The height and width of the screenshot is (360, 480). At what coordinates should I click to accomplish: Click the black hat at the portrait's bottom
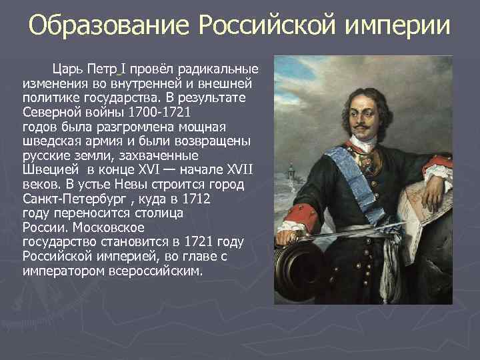pos(303,273)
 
